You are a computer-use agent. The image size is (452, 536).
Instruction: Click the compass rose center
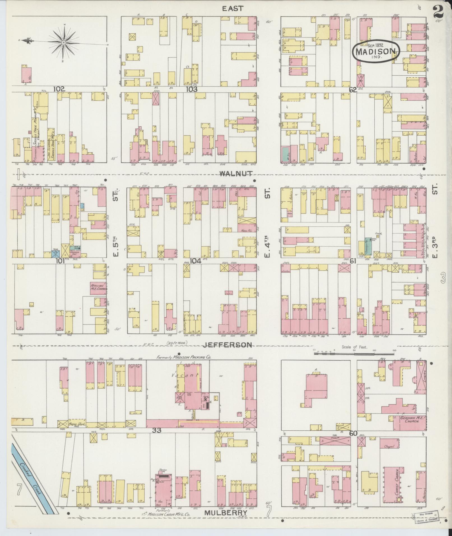point(64,42)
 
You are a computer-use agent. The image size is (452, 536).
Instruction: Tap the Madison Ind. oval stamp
point(376,51)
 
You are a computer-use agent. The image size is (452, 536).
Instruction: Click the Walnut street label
point(236,174)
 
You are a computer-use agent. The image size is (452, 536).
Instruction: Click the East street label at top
point(233,8)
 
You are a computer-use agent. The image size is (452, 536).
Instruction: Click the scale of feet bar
point(354,354)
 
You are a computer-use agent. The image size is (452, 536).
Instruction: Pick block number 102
point(59,89)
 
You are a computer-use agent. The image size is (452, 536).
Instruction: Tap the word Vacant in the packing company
point(184,375)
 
